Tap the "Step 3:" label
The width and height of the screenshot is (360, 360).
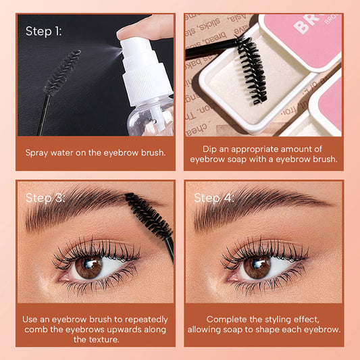tap(45, 198)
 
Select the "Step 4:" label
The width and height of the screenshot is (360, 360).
tap(214, 198)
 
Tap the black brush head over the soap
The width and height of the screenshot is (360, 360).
tap(252, 71)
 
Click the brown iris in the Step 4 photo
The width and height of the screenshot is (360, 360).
tap(257, 266)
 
